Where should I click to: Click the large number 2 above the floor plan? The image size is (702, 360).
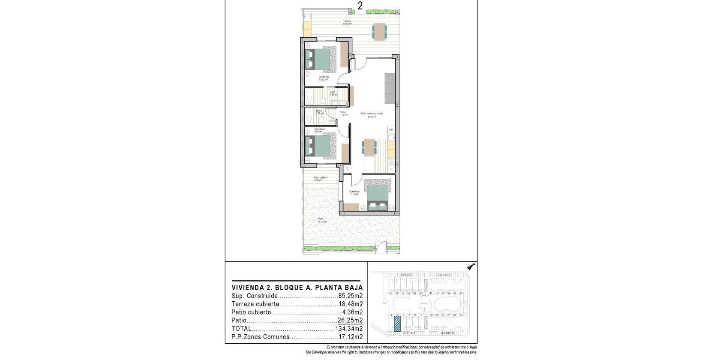[360, 6]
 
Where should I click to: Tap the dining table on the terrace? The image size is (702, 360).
[379, 31]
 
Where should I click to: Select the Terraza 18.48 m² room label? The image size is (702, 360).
[347, 23]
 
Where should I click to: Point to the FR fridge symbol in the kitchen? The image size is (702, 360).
[391, 130]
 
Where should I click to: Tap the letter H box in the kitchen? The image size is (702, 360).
[391, 169]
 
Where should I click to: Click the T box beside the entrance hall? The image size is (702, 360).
[347, 169]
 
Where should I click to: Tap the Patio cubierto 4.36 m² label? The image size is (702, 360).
[321, 179]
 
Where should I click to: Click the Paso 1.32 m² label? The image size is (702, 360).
[343, 114]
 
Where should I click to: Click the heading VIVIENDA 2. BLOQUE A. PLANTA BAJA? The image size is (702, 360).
[297, 288]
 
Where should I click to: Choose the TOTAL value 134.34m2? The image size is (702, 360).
[349, 329]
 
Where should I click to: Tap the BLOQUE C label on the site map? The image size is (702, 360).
[444, 275]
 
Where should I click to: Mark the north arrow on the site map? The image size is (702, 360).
[471, 267]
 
